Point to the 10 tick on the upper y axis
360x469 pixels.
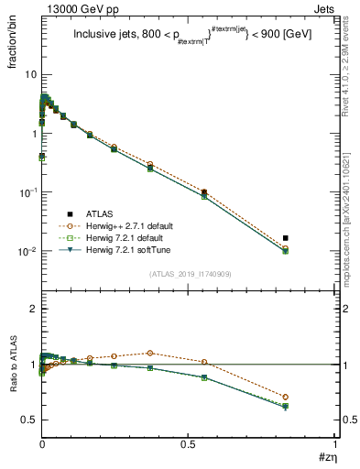(29, 74)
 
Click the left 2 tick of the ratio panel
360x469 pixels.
(31, 310)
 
